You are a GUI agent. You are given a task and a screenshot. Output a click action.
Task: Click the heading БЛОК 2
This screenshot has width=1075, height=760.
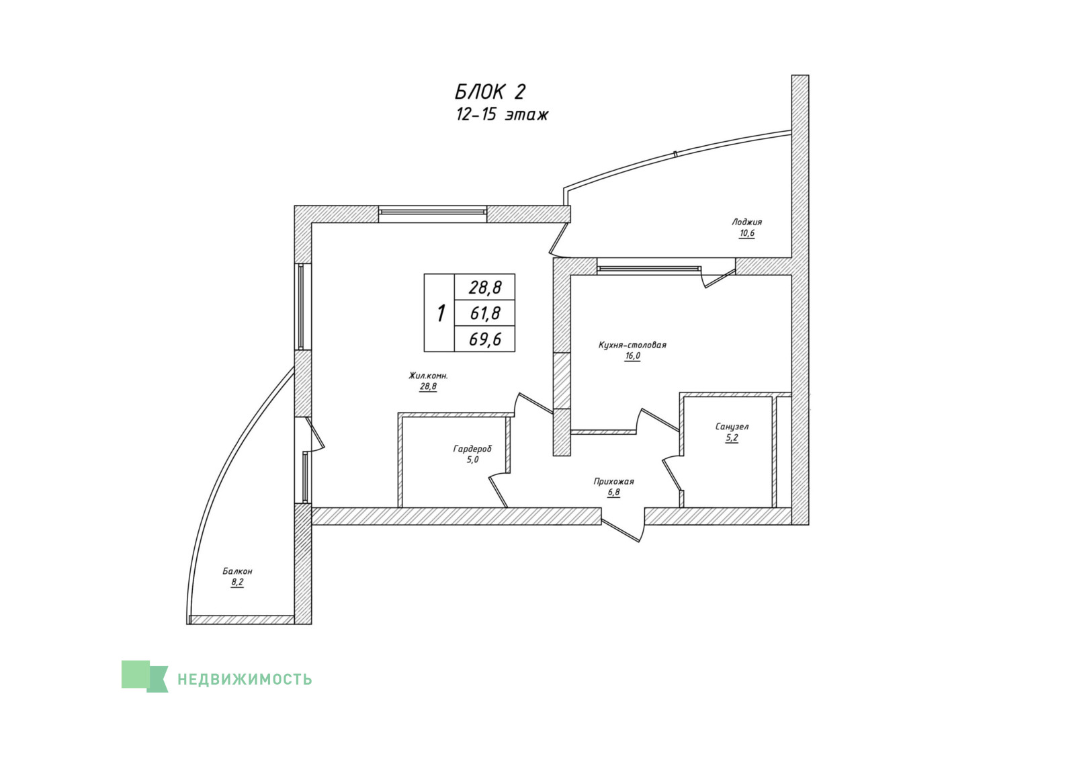point(490,91)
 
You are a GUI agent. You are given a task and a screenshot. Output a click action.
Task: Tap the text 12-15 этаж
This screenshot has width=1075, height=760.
point(502,115)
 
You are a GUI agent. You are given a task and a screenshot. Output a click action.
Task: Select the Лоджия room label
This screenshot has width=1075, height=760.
point(746,222)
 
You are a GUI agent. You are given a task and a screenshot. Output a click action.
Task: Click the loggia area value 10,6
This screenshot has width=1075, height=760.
point(746,234)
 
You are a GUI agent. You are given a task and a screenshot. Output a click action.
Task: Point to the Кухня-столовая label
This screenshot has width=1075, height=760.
point(632,345)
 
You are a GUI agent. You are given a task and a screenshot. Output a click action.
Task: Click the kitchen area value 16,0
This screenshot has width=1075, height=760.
point(632,356)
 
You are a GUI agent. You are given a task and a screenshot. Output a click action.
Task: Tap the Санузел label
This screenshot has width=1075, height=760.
point(732,426)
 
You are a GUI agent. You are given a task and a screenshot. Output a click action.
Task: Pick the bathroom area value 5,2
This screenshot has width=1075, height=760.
point(732,438)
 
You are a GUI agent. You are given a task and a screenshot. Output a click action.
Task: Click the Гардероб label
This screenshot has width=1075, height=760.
point(472,449)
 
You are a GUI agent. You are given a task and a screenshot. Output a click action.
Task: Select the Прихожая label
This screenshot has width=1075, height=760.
point(613,481)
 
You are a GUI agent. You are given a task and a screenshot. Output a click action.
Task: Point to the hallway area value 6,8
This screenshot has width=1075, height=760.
point(613,493)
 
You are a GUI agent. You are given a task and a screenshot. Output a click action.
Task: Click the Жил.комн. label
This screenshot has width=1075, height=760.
point(428,376)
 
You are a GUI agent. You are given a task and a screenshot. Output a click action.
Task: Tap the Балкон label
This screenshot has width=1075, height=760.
point(237,571)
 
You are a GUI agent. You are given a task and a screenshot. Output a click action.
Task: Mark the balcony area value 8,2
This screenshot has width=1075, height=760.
point(237,583)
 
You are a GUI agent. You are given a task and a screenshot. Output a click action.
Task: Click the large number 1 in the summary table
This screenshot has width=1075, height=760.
point(441,314)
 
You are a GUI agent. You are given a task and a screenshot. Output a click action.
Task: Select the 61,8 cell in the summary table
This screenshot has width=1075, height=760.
point(484,314)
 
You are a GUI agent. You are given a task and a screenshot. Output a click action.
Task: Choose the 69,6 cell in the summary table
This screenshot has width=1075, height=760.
point(484,339)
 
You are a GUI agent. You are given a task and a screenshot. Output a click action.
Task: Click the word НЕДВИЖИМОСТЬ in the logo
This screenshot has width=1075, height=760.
point(245,679)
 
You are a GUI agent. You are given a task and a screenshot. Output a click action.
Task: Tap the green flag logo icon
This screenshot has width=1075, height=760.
point(144,677)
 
